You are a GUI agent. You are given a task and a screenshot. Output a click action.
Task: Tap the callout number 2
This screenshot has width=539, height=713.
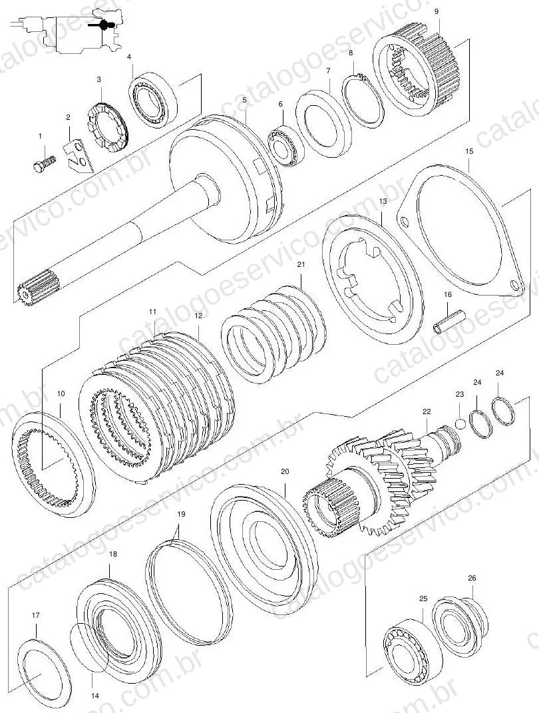(x=68, y=117)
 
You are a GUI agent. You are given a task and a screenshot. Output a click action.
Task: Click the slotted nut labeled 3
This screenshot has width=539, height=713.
(x=107, y=126)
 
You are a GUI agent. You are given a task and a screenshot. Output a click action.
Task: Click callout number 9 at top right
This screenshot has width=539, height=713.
(x=437, y=11)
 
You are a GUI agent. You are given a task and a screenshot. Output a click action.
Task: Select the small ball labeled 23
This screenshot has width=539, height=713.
(x=460, y=423)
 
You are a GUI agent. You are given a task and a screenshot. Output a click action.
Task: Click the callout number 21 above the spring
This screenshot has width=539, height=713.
(x=301, y=264)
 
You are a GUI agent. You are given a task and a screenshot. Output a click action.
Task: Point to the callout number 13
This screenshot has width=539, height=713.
(x=383, y=200)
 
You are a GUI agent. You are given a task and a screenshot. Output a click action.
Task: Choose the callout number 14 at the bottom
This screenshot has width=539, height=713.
(x=95, y=696)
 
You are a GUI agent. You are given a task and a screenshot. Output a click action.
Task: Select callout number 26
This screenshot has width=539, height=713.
(x=472, y=578)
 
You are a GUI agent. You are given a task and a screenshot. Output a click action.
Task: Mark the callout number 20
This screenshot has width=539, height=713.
(x=285, y=471)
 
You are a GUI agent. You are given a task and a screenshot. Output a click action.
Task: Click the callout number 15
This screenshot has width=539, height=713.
(x=470, y=151)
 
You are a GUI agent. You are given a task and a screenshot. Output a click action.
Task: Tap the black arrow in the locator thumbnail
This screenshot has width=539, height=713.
(x=98, y=26)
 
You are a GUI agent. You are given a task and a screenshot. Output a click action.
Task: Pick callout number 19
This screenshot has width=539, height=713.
(x=182, y=515)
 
